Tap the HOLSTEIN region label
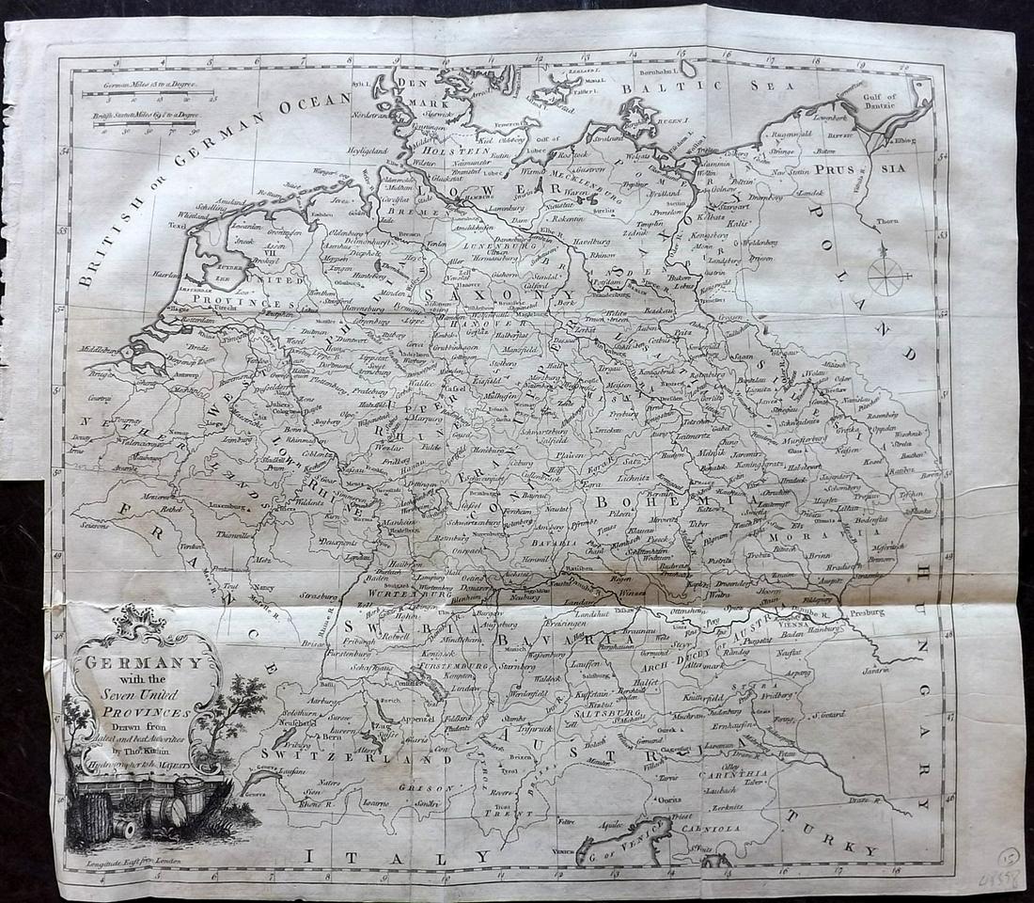453,150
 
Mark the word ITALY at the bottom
395,855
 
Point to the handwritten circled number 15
1009,857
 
